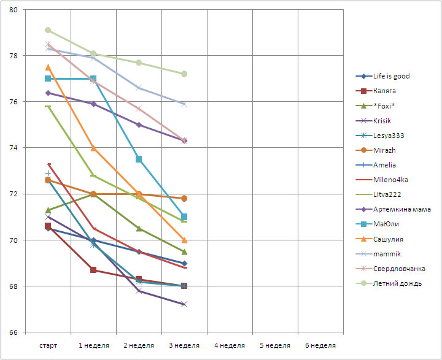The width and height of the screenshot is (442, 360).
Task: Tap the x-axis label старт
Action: coord(48,346)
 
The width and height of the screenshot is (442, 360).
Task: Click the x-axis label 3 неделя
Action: coord(184,346)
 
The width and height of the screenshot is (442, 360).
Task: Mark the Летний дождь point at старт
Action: coord(48,30)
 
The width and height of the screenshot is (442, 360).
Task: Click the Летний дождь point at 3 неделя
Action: coord(184,74)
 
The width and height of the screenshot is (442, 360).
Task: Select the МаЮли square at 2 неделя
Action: coord(139,159)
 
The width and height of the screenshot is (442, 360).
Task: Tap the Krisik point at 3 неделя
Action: coord(184,304)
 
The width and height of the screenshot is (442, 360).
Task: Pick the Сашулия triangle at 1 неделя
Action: coord(93,148)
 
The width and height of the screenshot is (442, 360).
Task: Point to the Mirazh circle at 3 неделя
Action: coord(184,198)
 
